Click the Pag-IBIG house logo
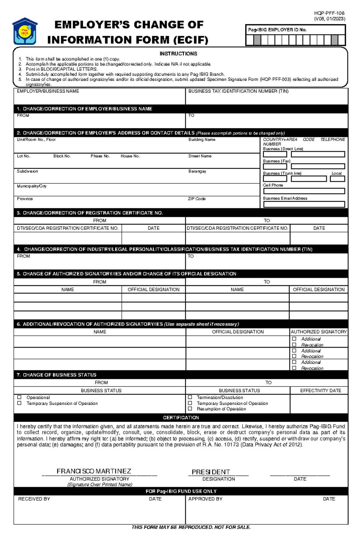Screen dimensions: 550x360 pos(25,31)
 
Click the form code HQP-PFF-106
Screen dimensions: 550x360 pos(329,13)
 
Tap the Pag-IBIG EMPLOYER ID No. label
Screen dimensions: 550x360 pos(277,30)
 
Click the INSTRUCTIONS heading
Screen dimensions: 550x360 pos(178,54)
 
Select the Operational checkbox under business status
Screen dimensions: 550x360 pos(19,397)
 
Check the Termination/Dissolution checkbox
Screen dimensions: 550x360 pos(190,397)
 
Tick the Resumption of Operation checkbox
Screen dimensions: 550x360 pos(190,409)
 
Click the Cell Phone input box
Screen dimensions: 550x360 pos(304,191)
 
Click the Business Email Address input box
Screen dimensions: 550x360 pos(304,204)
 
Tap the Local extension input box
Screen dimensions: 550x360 pos(337,179)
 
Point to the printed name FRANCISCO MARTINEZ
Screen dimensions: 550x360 pos(94,471)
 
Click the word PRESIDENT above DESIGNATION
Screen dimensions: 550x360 pos(211,472)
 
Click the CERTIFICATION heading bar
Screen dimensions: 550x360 pos(181,418)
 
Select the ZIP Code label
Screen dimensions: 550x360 pos(196,199)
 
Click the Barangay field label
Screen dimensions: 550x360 pos(197,171)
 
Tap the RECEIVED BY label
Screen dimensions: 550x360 pos(34,499)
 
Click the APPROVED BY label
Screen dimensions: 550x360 pos(205,499)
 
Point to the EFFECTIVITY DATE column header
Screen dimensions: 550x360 pos(320,391)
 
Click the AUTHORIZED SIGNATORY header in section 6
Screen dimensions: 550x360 pos(319,332)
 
